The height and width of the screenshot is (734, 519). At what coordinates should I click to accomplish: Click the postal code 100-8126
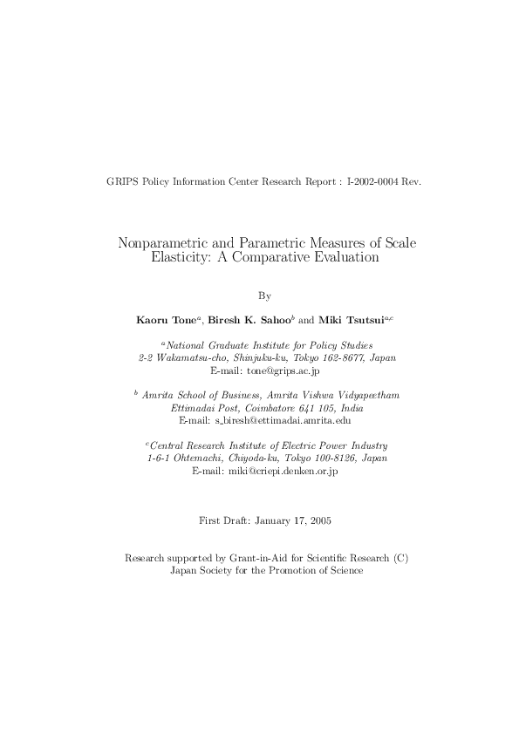[318, 459]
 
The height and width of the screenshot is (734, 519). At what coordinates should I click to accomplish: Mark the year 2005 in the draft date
[319, 520]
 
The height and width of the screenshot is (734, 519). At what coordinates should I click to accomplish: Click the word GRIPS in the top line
[120, 181]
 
